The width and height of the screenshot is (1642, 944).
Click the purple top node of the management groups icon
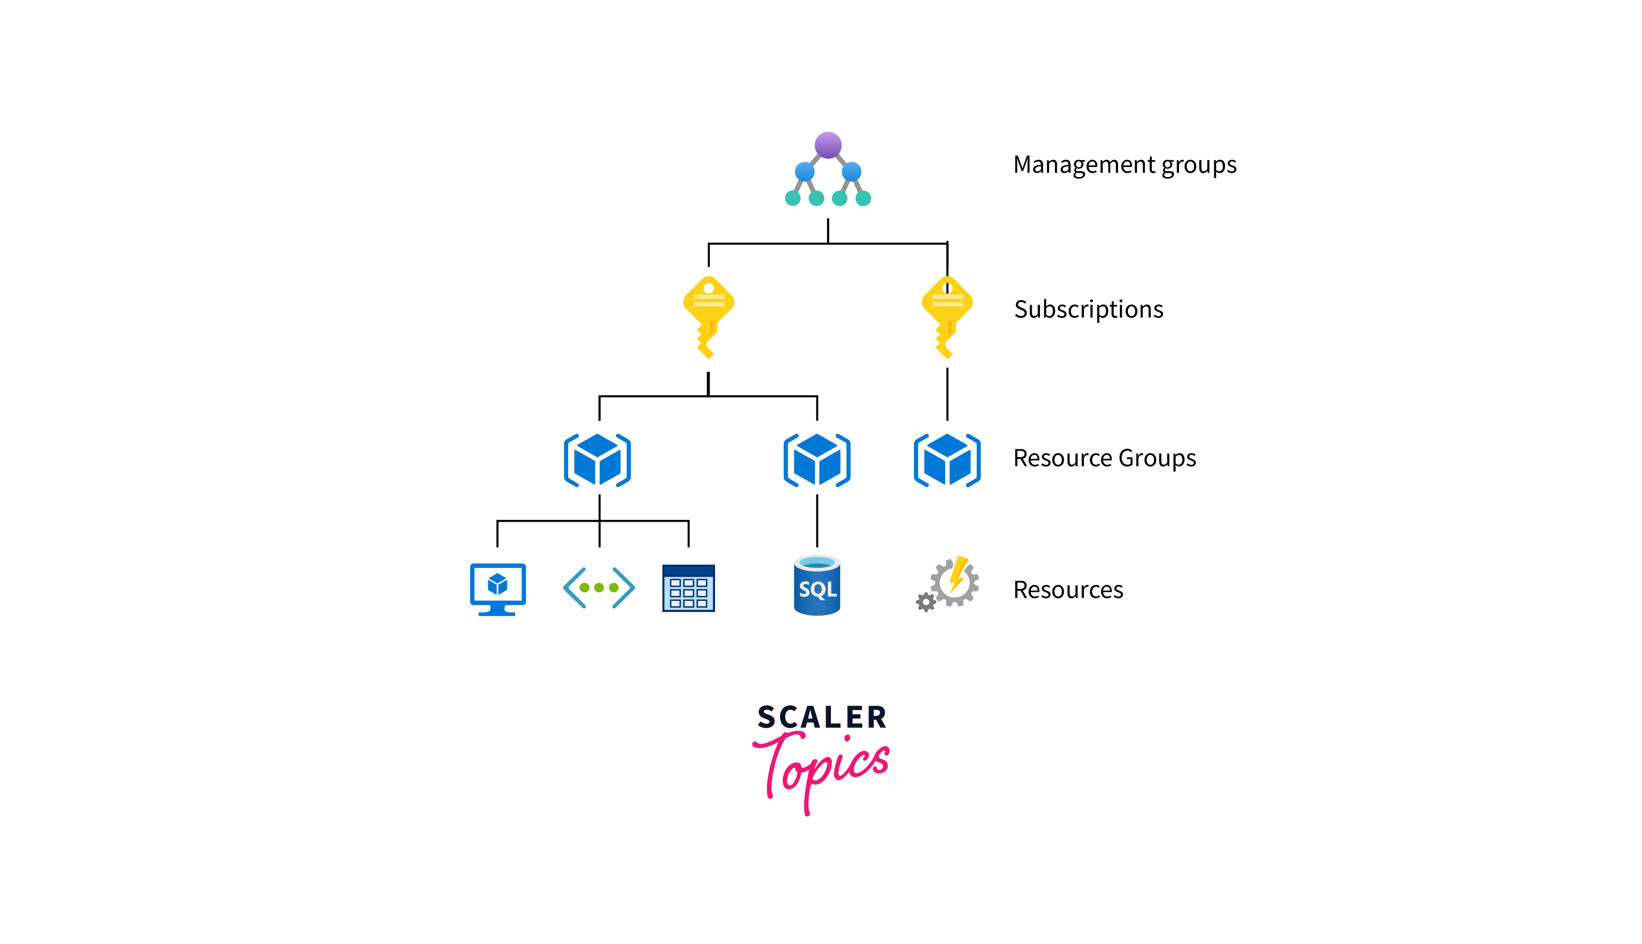coord(828,145)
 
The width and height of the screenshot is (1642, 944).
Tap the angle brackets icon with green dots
coord(599,588)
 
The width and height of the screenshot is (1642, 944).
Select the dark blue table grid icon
coord(688,588)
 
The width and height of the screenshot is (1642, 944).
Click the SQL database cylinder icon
coord(816,586)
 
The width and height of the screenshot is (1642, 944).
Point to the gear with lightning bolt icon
coord(954,582)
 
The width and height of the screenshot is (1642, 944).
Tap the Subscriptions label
coord(1088,310)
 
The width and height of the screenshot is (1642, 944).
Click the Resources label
coord(1068,590)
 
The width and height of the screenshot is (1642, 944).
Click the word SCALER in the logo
coord(822,718)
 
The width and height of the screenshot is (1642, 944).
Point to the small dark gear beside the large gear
coord(926,602)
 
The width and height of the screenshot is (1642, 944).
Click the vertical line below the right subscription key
coord(947,394)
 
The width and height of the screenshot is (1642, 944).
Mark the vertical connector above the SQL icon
coord(816,521)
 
